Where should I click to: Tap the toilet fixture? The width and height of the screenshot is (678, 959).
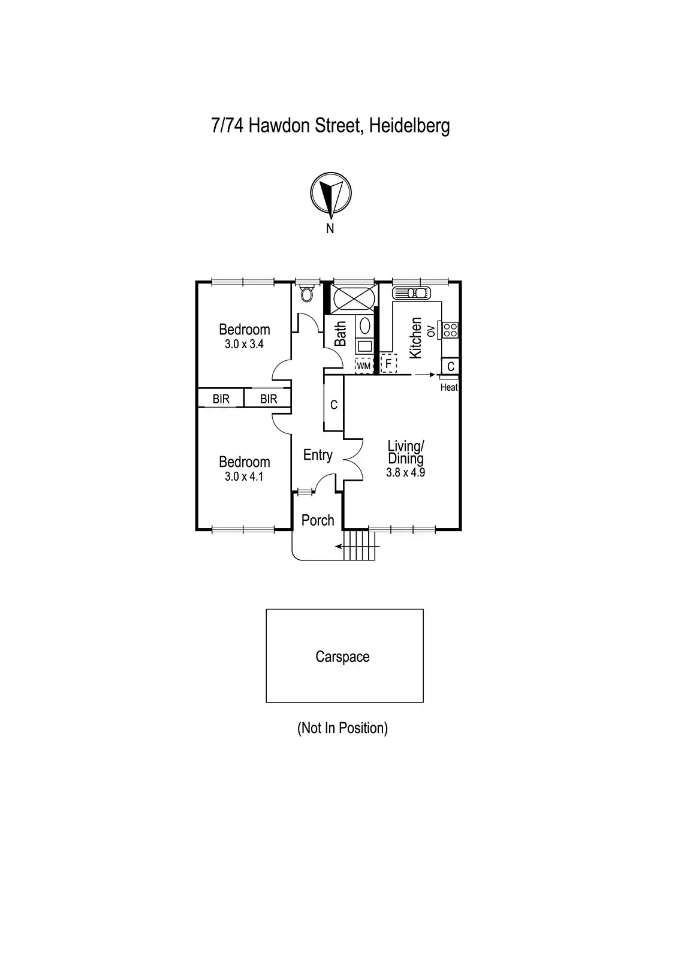click(307, 293)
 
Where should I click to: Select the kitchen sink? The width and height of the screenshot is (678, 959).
click(411, 293)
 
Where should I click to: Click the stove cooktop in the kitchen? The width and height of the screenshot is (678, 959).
click(450, 330)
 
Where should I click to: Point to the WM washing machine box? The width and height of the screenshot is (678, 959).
click(364, 365)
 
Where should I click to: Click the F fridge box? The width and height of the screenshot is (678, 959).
click(388, 364)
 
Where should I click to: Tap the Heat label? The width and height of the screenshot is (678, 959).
click(449, 388)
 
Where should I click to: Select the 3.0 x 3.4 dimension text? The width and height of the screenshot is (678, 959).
click(244, 345)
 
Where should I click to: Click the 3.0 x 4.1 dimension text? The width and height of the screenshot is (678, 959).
click(244, 477)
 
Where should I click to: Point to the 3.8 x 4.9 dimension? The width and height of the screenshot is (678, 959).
click(406, 472)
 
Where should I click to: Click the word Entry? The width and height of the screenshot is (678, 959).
click(318, 456)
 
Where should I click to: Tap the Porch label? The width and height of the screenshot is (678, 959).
click(318, 520)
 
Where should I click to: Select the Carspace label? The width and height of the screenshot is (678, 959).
click(342, 657)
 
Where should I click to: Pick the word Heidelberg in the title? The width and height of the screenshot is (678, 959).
click(409, 126)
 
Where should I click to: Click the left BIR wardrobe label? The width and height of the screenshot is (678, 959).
click(221, 399)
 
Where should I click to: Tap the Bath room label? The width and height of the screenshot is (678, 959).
click(340, 334)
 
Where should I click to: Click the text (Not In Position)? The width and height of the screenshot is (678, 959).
click(342, 728)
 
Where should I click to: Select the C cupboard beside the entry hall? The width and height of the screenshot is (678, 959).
click(334, 405)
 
